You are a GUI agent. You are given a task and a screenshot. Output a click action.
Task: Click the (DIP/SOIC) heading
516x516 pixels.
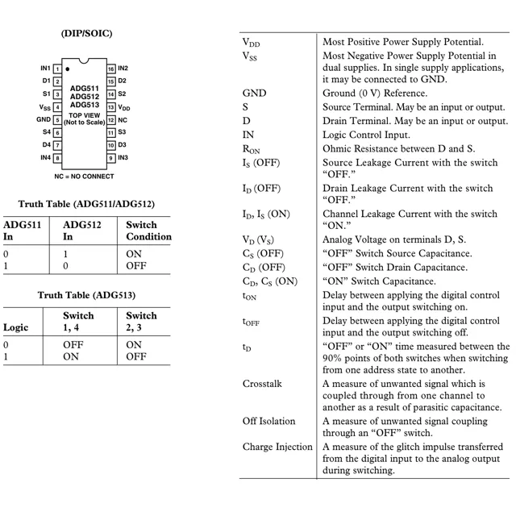(x=86, y=34)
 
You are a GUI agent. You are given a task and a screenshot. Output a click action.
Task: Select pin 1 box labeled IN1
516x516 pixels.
(x=57, y=69)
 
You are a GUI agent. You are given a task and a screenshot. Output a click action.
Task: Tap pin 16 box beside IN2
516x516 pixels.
(x=111, y=69)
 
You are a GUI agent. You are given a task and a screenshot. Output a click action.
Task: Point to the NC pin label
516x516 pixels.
(x=123, y=119)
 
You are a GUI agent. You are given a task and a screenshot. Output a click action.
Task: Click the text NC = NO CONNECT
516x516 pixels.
(x=84, y=176)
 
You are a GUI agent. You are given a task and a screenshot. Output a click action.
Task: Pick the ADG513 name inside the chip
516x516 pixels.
(x=84, y=105)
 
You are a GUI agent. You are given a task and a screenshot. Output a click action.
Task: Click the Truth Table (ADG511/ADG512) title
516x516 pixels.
(x=86, y=204)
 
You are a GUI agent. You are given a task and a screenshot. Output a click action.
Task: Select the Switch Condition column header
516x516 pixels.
(x=148, y=231)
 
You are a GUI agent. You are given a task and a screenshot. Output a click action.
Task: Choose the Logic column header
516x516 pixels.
(x=16, y=328)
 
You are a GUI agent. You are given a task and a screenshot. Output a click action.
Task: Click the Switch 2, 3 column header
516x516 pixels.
(x=142, y=322)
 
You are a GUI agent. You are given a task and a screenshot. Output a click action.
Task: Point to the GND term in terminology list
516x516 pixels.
(x=254, y=94)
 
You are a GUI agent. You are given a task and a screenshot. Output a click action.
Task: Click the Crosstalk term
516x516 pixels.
(x=262, y=384)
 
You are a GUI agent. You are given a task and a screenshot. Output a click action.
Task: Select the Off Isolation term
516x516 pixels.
(x=268, y=421)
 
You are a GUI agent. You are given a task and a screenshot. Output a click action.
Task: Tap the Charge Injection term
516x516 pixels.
(x=277, y=447)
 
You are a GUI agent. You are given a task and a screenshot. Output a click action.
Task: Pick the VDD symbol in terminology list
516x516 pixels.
(x=252, y=42)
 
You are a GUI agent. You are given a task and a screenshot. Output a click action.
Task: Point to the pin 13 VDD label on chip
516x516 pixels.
(x=124, y=107)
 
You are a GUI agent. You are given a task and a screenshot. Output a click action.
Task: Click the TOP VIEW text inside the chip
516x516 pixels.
(x=84, y=114)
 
